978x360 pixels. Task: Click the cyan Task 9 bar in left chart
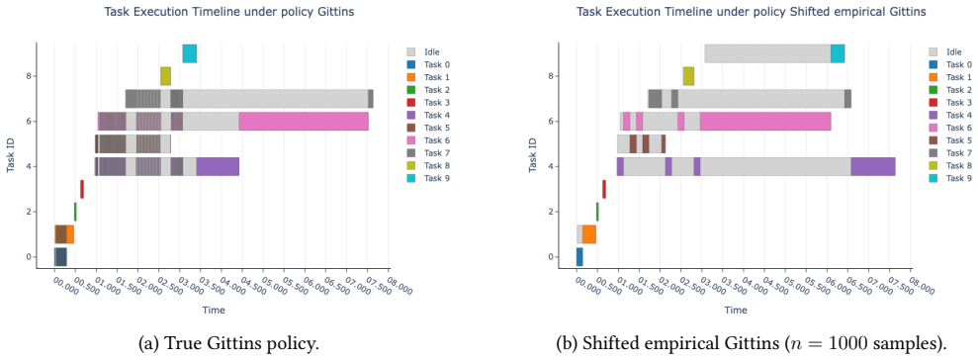pyautogui.click(x=190, y=53)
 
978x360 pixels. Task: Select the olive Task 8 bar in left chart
pyautogui.click(x=165, y=76)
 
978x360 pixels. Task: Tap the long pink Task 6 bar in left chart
pyautogui.click(x=304, y=121)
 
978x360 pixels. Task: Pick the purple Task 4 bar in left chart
pyautogui.click(x=218, y=166)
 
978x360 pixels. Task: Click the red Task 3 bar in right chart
pyautogui.click(x=604, y=189)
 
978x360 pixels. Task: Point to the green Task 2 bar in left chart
pyautogui.click(x=75, y=212)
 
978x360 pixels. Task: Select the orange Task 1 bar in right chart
pyautogui.click(x=589, y=234)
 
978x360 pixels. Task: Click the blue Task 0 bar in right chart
pyautogui.click(x=579, y=257)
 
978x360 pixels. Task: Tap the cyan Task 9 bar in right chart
pyautogui.click(x=838, y=53)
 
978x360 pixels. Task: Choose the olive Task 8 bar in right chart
pyautogui.click(x=688, y=76)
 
